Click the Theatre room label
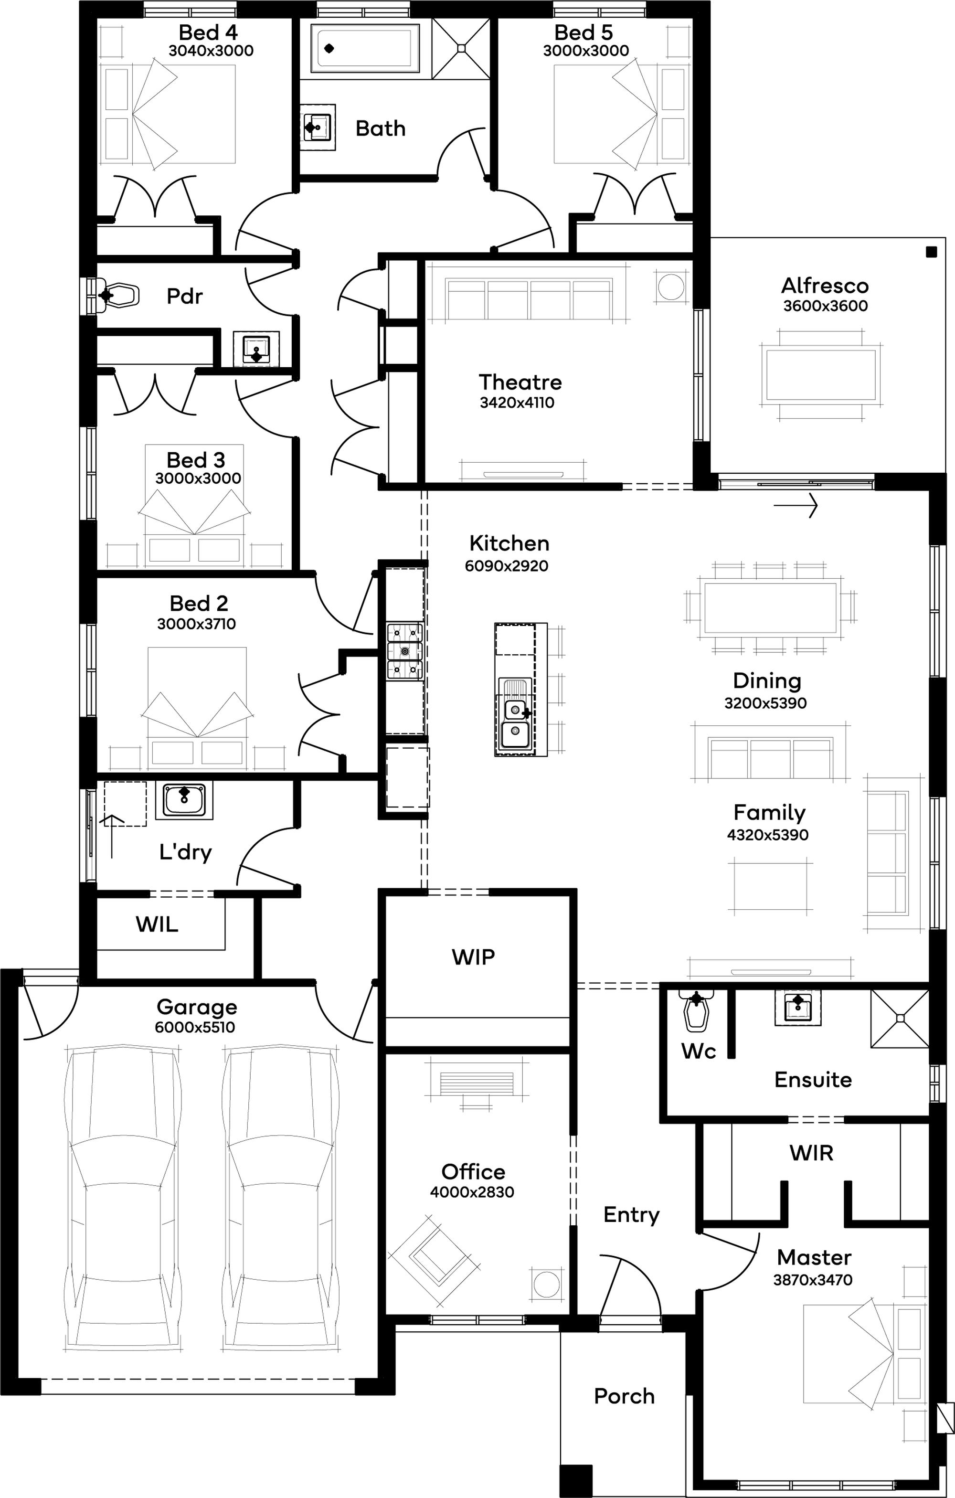520,382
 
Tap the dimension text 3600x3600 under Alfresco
825,306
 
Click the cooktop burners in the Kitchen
405,651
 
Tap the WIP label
474,956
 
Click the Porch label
624,1395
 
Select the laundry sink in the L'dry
183,799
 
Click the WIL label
157,924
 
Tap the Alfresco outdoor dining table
821,376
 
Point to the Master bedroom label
814,1257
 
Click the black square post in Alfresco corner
931,252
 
